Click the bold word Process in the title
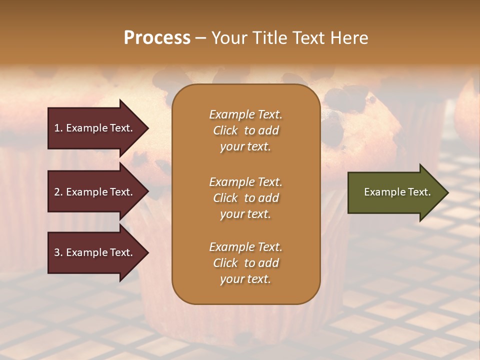pos(157,38)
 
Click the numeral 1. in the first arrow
pos(58,128)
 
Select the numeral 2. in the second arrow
pos(58,192)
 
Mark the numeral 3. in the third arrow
pos(58,252)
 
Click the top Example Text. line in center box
pos(245,114)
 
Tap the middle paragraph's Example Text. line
pos(245,182)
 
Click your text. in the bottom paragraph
pos(245,279)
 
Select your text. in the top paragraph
pos(245,147)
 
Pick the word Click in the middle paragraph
pos(225,198)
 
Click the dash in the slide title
pos(200,38)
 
